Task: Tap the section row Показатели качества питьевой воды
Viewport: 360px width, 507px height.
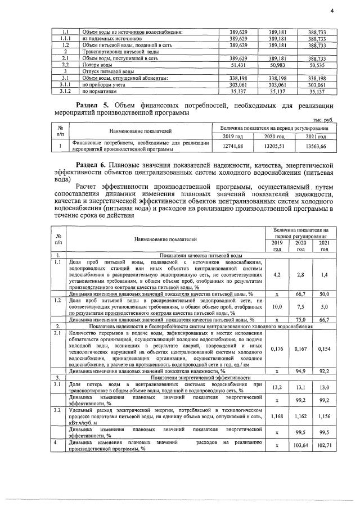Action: tap(201, 255)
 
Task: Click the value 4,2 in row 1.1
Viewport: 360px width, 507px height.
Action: tap(277, 275)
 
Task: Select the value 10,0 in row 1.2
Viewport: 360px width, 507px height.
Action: tap(277, 307)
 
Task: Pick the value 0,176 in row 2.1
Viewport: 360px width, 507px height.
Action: tap(277, 348)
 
